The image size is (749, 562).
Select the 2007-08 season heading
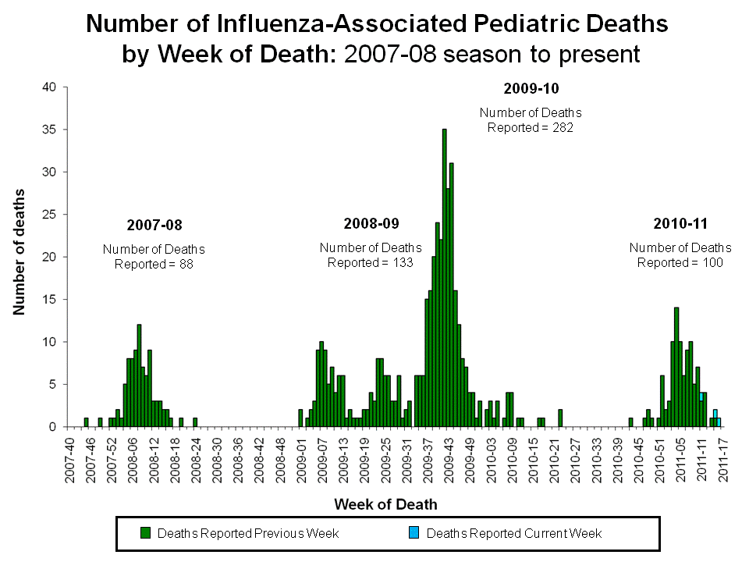click(x=154, y=226)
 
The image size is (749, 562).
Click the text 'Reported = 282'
click(x=531, y=127)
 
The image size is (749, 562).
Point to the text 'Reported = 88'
click(x=154, y=264)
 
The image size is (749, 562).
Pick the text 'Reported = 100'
click(x=680, y=262)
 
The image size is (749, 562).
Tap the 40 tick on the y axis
click(x=50, y=87)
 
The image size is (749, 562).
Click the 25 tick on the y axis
click(x=50, y=215)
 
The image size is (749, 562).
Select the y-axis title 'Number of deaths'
click(x=19, y=252)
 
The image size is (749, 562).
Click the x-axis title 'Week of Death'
click(x=386, y=504)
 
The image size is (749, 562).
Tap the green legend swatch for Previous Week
click(x=145, y=533)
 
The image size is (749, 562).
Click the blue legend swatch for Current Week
click(x=414, y=533)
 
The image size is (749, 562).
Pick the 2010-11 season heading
click(x=680, y=224)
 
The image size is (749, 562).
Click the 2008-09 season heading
click(x=371, y=224)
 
